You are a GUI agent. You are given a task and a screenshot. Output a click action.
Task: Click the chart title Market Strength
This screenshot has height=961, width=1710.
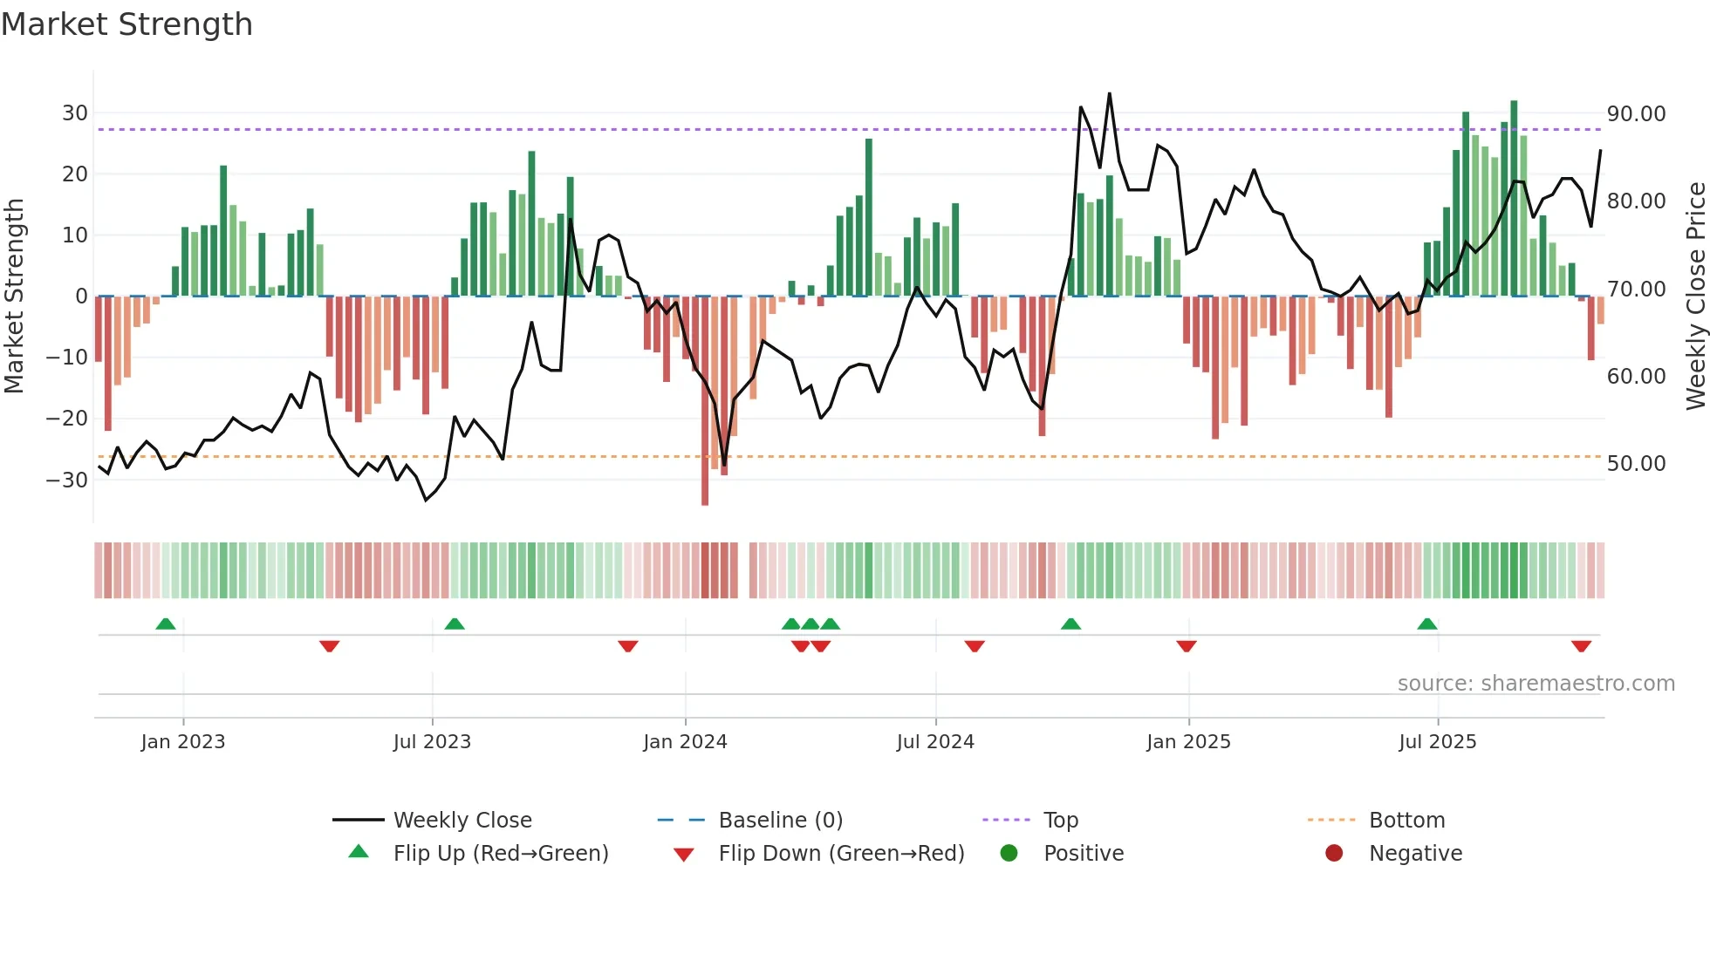tap(127, 24)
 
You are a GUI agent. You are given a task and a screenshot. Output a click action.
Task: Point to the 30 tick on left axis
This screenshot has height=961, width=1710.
tap(74, 113)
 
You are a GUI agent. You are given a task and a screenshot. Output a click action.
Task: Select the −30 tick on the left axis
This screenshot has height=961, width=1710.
tap(67, 480)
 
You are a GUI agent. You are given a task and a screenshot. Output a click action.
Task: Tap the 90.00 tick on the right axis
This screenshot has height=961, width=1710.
tap(1636, 114)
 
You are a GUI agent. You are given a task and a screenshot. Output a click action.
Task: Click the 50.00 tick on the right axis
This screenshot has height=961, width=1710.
tap(1636, 464)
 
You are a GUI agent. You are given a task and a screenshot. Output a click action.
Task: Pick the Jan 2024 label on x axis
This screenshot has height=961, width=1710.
tap(685, 742)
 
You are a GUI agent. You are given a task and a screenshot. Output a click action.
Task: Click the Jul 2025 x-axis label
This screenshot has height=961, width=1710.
tap(1437, 742)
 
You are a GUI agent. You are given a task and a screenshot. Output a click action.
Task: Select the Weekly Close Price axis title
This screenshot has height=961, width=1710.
tap(1695, 296)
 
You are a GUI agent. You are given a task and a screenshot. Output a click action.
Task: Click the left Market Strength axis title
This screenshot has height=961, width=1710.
tap(15, 296)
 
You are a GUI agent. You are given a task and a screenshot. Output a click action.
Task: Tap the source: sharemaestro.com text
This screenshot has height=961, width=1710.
tap(1536, 684)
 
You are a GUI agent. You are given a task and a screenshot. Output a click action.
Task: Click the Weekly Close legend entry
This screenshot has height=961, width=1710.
tap(462, 821)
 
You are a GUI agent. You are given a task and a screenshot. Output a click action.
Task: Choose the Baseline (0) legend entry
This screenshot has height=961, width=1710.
tap(780, 821)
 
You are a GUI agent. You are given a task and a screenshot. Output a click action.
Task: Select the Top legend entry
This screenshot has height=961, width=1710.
tap(1060, 821)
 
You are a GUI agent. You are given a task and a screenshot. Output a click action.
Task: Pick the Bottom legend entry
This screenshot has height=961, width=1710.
tap(1406, 821)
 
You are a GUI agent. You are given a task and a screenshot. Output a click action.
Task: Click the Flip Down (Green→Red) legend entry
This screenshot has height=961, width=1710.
tap(840, 854)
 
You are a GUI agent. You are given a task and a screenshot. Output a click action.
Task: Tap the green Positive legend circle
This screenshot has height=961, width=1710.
tap(1009, 854)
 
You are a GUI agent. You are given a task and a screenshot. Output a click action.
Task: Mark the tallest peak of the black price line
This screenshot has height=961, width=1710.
tap(1110, 94)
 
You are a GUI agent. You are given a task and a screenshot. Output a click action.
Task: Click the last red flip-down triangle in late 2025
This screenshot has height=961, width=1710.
tap(1581, 646)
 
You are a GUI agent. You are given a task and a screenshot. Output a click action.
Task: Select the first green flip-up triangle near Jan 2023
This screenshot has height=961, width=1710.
tap(166, 624)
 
